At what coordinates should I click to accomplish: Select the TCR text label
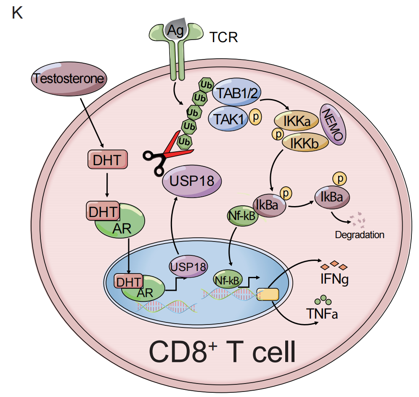223,38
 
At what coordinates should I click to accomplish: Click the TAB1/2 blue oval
236,94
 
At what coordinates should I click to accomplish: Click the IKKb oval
305,142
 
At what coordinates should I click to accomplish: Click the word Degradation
360,235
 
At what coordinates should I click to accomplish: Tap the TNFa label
322,314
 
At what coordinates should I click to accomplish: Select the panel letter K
17,13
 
